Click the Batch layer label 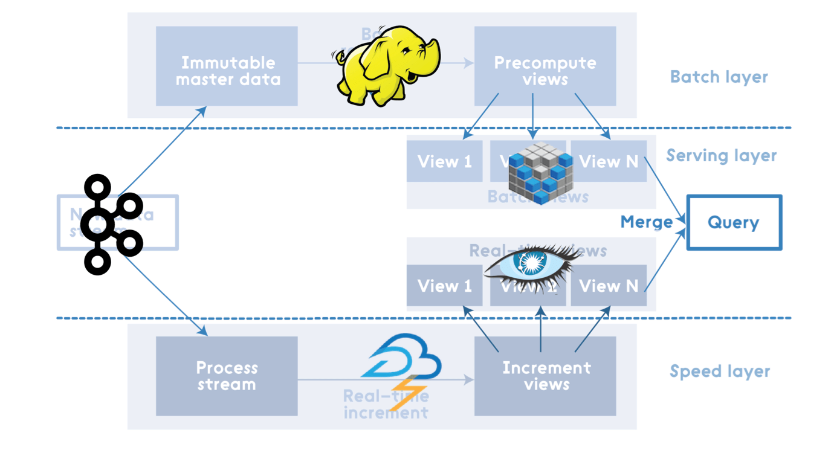(x=719, y=77)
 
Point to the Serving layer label (x=721, y=156)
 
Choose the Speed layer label (x=719, y=371)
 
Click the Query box (x=734, y=222)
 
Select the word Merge (x=646, y=222)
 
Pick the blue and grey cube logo (x=540, y=172)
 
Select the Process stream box (x=227, y=376)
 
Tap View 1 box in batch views (x=444, y=161)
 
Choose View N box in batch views (x=609, y=161)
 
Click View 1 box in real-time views (x=444, y=286)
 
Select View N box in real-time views (x=609, y=286)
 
